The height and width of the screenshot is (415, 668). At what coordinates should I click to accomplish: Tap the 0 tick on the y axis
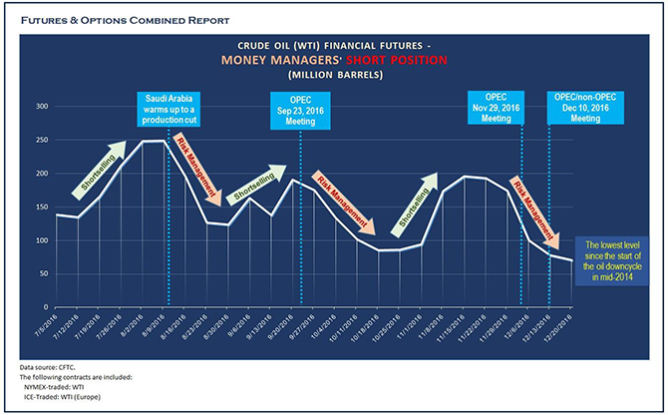(44, 308)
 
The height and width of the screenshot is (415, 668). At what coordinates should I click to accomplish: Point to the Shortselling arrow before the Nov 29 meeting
(416, 203)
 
